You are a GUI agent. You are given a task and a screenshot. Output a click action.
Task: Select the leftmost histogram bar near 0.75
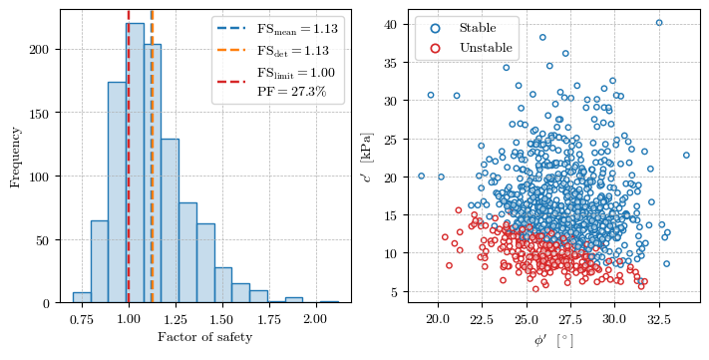tap(82, 296)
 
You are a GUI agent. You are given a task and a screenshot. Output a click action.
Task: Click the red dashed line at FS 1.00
tap(129, 199)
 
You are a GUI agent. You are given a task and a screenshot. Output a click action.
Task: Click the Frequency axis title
tap(15, 157)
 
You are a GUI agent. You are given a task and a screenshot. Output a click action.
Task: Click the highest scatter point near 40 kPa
tap(658, 23)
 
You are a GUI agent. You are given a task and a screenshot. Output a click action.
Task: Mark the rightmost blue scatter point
tap(686, 155)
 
